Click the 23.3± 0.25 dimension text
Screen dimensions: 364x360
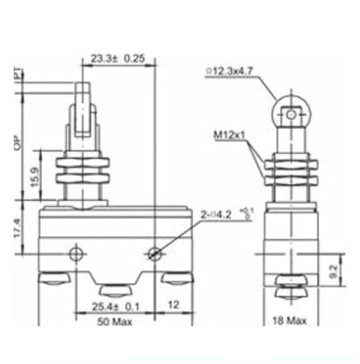click(x=118, y=58)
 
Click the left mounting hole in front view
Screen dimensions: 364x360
click(x=74, y=254)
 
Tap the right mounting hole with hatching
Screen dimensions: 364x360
click(x=154, y=254)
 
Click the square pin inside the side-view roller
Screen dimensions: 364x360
click(x=289, y=114)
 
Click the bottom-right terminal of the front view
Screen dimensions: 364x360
click(x=176, y=279)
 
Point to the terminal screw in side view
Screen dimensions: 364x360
click(x=289, y=287)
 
